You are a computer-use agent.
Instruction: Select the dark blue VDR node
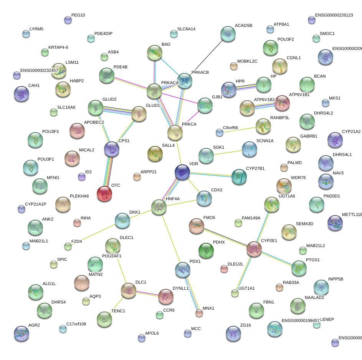[182, 172]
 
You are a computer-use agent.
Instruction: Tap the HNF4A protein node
[159, 207]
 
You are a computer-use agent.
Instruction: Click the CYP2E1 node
[254, 249]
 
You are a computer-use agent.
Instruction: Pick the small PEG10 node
[68, 20]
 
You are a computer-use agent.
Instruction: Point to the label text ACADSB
[243, 26]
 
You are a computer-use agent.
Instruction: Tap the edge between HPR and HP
[246, 86]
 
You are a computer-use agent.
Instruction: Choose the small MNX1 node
[199, 313]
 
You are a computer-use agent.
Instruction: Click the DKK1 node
[122, 220]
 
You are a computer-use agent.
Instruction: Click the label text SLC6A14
[186, 29]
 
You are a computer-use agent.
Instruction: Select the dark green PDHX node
[206, 251]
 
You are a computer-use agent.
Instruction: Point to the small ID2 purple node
[82, 177]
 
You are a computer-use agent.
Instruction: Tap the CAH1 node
[21, 94]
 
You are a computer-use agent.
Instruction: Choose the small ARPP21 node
[137, 177]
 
